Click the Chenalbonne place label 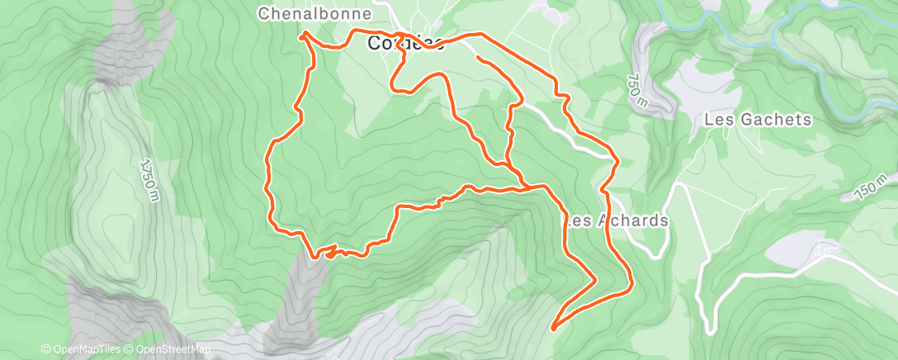[314, 14]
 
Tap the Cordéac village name [404, 44]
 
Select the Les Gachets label [759, 120]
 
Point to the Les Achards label [615, 221]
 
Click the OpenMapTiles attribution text [82, 349]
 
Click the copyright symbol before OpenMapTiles [46, 349]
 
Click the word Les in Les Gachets [716, 120]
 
